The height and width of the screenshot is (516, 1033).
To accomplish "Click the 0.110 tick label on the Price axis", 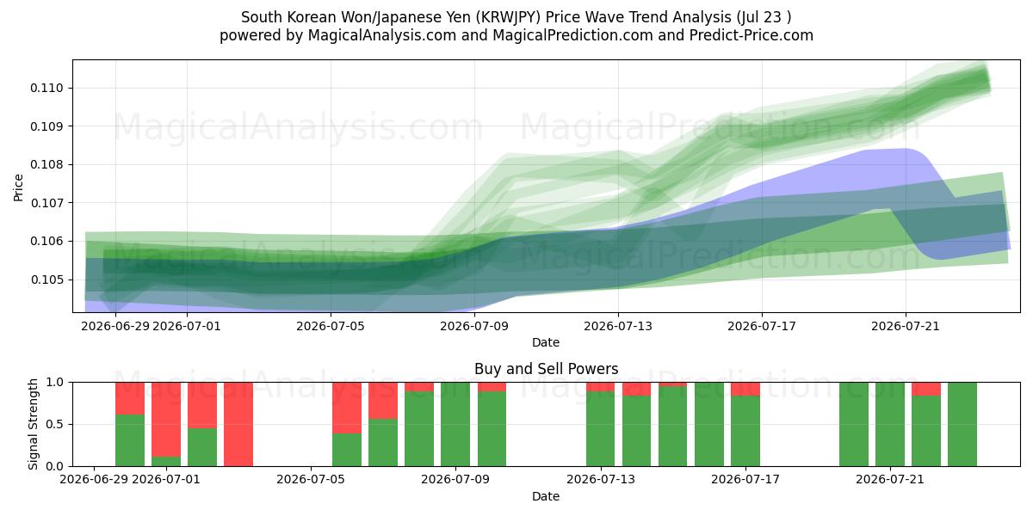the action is point(46,88).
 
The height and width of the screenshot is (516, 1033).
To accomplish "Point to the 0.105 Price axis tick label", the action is point(46,279).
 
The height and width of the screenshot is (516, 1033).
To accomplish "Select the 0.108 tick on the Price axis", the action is point(46,164).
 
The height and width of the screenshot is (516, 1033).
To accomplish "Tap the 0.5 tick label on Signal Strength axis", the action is point(54,424).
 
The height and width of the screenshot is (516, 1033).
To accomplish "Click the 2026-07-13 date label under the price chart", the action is point(618,326).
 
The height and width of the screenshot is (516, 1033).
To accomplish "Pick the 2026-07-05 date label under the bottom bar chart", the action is point(311,479).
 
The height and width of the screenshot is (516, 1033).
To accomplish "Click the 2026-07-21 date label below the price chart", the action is point(906,326).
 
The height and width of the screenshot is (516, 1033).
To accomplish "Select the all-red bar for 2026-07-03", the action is point(238,424).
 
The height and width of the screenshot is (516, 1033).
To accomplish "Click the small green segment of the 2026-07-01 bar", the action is point(166,461).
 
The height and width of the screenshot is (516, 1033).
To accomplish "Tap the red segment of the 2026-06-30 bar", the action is point(130,398).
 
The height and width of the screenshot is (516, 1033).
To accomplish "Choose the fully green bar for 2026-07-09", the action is point(455,424).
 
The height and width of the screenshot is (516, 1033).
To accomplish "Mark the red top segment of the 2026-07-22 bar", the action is point(926,389).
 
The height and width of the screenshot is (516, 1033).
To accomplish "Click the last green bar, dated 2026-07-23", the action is point(962,424).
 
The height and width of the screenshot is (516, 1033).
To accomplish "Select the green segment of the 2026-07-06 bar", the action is point(347,449).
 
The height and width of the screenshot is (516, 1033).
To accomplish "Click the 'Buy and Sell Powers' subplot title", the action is point(546,369).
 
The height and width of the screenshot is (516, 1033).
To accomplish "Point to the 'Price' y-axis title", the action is point(18,187).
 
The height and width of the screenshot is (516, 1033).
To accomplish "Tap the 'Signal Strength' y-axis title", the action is point(33,424).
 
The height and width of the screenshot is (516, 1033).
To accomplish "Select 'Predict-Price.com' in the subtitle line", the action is point(752,35).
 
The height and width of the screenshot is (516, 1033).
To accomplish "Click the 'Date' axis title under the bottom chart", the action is point(546,496).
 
